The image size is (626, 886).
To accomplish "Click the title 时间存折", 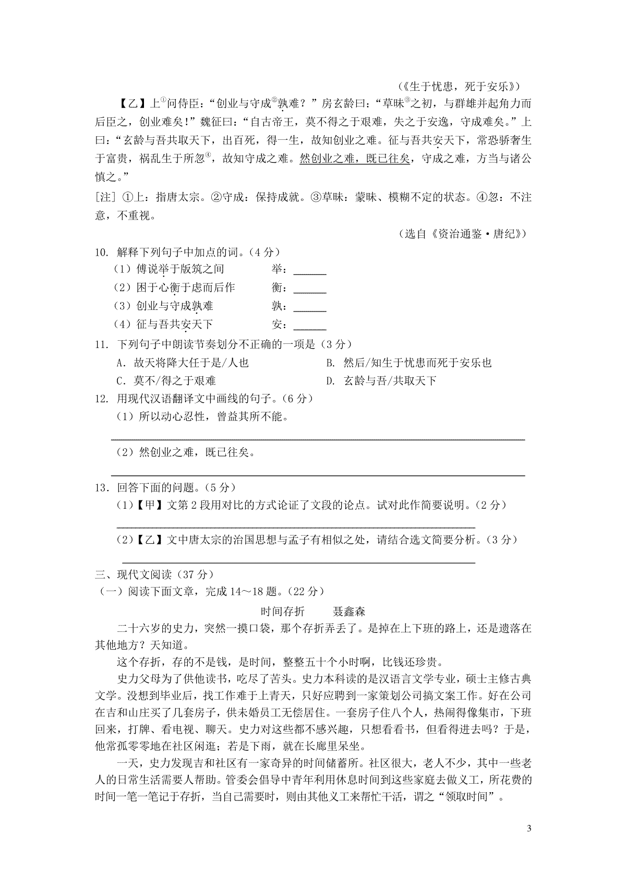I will coord(282,611).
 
